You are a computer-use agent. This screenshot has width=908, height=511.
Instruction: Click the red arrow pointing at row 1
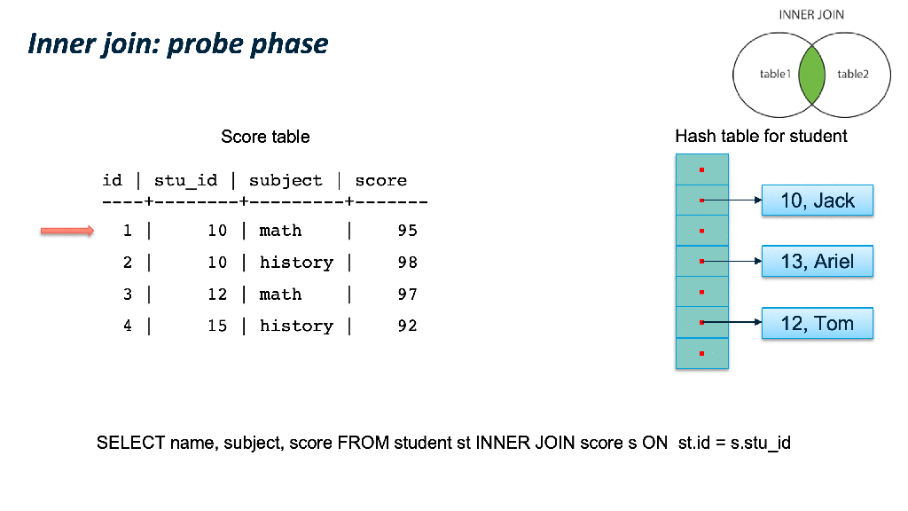click(x=67, y=232)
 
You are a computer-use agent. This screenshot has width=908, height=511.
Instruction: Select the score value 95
click(x=407, y=231)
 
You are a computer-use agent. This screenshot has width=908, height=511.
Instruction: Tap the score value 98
click(x=407, y=263)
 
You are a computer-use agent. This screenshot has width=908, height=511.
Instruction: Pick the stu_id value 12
click(x=217, y=295)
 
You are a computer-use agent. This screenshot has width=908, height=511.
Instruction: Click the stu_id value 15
click(x=217, y=326)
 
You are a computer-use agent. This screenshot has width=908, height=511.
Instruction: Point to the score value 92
click(x=407, y=326)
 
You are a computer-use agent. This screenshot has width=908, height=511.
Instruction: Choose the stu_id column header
click(x=185, y=181)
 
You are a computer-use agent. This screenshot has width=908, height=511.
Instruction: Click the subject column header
click(x=286, y=181)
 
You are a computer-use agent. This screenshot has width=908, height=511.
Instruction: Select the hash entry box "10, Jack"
click(x=817, y=200)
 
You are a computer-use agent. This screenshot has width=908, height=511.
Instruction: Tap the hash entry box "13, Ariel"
click(x=817, y=262)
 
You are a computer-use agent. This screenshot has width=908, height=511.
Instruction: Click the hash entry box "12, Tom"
click(x=817, y=323)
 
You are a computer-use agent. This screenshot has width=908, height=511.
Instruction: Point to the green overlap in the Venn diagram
click(x=811, y=75)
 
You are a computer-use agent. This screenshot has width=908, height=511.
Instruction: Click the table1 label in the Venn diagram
click(x=775, y=75)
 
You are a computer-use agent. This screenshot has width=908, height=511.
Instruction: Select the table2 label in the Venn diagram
click(x=853, y=75)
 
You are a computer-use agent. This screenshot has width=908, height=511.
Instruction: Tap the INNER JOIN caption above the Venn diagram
click(x=811, y=15)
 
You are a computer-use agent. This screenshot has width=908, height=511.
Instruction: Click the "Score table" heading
click(x=265, y=137)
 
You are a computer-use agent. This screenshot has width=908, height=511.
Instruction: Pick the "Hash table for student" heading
click(x=761, y=136)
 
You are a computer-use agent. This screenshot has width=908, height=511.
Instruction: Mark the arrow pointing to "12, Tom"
click(x=732, y=322)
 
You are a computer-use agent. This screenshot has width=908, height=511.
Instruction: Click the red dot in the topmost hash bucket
click(x=702, y=169)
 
